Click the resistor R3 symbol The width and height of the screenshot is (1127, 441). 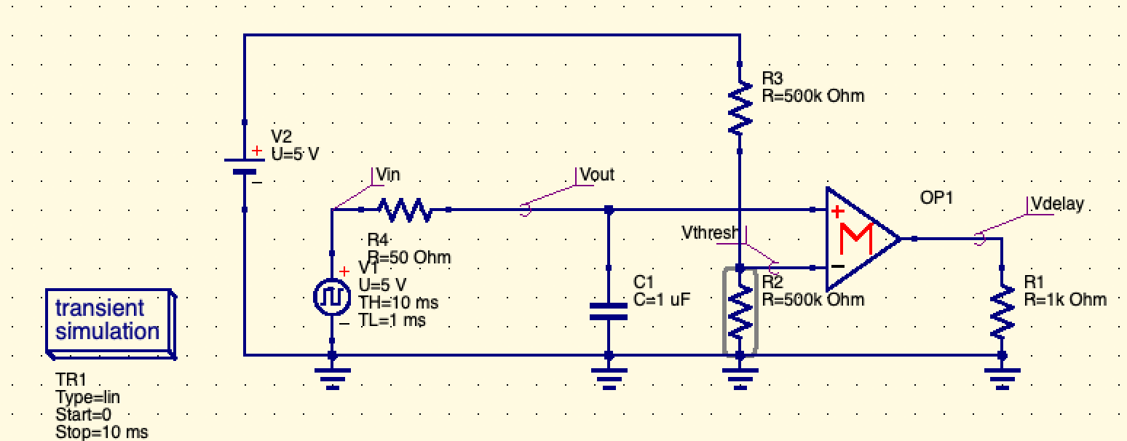click(x=740, y=107)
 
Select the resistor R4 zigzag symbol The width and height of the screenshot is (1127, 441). click(x=405, y=210)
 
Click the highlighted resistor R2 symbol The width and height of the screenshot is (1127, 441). click(x=740, y=311)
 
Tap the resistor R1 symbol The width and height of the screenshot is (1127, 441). click(x=1002, y=311)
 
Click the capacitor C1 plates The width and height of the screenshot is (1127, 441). click(x=609, y=312)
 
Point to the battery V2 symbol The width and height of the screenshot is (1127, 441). click(x=245, y=167)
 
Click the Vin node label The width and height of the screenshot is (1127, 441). click(x=388, y=175)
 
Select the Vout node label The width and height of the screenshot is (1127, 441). click(x=597, y=175)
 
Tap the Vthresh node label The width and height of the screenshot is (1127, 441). click(x=710, y=232)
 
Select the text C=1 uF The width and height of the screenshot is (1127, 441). click(x=661, y=298)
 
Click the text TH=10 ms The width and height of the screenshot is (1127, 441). click(x=398, y=302)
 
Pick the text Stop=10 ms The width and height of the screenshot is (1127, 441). click(x=101, y=432)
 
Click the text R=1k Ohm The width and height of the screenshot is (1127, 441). click(x=1064, y=298)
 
